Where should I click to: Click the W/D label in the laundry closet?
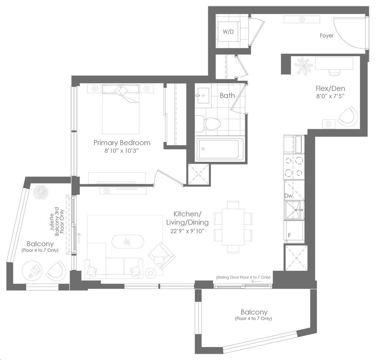pos(228,32)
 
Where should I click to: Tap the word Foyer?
pos(326,36)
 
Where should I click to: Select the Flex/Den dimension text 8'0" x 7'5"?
pos(330,96)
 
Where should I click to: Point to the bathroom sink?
pos(203,95)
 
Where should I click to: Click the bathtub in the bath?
pos(220,149)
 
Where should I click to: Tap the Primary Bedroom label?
pos(122,143)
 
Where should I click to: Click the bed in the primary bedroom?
pos(120,109)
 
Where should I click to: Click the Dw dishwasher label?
pos(289,196)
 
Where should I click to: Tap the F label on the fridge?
pos(289,235)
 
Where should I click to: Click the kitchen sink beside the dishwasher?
pos(294,210)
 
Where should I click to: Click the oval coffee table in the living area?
pos(128,241)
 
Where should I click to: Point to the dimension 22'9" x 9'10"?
pos(187,231)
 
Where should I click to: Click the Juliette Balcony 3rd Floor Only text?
pos(57,222)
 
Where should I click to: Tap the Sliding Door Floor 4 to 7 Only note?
pos(243,277)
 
